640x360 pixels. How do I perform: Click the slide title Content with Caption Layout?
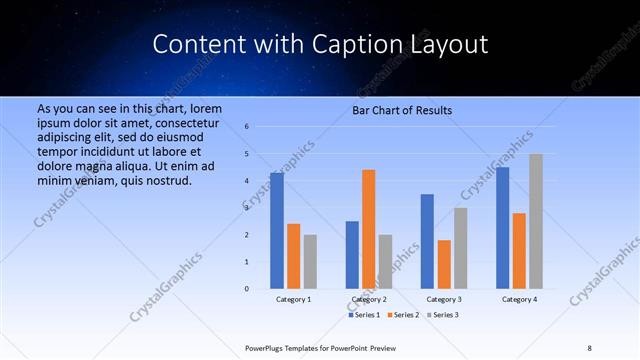click(x=320, y=45)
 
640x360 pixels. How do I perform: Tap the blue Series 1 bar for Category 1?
click(x=277, y=231)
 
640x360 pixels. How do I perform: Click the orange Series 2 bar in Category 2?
click(x=368, y=229)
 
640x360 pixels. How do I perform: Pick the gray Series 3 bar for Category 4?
click(x=536, y=221)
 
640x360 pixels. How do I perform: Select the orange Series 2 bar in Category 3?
click(x=444, y=264)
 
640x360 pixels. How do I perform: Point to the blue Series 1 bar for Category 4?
click(x=503, y=228)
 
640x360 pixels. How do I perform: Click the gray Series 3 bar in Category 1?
click(x=310, y=262)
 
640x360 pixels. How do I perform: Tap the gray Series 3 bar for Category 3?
click(x=460, y=248)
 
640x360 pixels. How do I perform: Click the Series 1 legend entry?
click(x=363, y=315)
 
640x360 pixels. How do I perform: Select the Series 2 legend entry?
click(x=402, y=315)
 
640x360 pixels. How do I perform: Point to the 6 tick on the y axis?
click(x=247, y=127)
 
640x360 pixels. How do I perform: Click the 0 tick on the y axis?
click(x=247, y=289)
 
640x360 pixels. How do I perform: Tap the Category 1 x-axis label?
click(x=294, y=299)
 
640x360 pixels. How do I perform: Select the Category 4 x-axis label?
click(x=519, y=299)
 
